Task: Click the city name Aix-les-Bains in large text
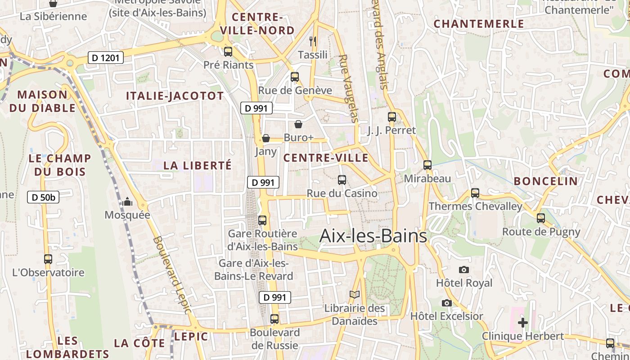pos(373,236)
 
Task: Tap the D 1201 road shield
pos(105,58)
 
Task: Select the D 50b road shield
pos(43,197)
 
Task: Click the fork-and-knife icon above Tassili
pos(313,41)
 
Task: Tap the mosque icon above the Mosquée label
pos(127,202)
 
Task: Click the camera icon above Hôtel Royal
pos(464,270)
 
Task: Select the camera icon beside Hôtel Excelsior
pos(446,303)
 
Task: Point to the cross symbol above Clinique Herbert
pos(523,322)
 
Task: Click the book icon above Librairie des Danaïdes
pos(355,295)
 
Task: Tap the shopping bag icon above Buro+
pos(298,124)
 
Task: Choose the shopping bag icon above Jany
pos(266,138)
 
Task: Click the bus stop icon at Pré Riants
pos(228,51)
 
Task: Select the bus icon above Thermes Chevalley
pos(475,193)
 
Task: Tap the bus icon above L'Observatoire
pos(48,259)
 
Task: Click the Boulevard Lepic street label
pos(172,274)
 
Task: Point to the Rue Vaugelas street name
pos(349,89)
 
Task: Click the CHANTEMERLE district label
pos(479,24)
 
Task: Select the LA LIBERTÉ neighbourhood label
pos(198,165)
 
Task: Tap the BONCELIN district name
pos(545,181)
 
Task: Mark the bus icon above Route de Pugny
pos(541,218)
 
